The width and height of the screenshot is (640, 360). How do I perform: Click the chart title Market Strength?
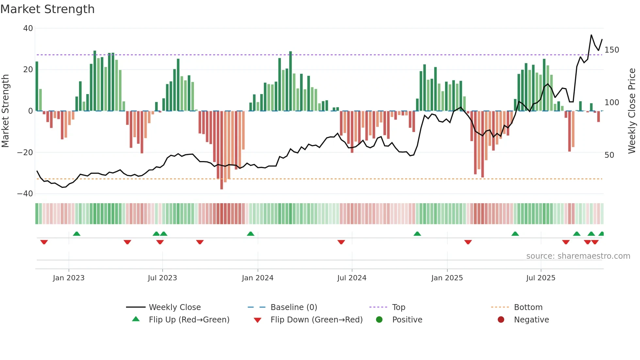coord(47,9)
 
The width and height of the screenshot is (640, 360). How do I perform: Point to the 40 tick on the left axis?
coord(28,28)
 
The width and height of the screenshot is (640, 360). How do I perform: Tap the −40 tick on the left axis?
coord(25,194)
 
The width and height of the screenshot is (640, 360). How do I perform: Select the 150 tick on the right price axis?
coord(612,50)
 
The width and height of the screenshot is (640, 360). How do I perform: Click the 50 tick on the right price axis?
coord(609,155)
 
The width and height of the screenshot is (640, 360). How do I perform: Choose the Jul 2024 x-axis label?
coord(352,278)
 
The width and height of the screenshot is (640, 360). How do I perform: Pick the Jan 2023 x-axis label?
coord(69,278)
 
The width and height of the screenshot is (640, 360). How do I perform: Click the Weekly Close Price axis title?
coord(632,111)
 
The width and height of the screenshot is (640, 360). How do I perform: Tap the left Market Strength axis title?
coord(6,111)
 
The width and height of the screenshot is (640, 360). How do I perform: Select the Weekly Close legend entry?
coord(175,307)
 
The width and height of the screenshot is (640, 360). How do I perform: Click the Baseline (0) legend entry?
coord(294,307)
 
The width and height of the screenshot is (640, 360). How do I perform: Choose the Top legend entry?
coord(398,307)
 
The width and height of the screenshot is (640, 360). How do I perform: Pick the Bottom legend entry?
coord(528,307)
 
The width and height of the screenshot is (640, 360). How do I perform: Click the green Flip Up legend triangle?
coord(136,319)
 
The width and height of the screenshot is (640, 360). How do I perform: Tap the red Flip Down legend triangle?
coord(257,320)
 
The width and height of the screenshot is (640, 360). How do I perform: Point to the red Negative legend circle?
coord(501,320)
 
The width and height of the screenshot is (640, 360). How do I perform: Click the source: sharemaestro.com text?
coord(578,256)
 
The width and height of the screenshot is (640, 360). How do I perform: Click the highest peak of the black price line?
coord(591,35)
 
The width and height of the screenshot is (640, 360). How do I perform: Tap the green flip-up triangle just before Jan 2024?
coord(250,234)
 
